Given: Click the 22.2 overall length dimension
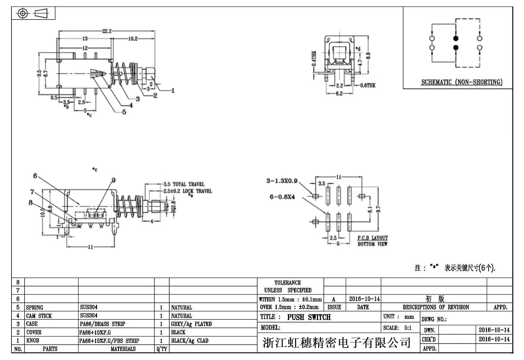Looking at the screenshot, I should [107, 31].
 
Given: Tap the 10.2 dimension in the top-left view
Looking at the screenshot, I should [133, 39].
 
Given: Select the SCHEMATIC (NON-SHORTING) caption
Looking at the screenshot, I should [461, 82].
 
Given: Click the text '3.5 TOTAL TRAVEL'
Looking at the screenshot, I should [184, 184].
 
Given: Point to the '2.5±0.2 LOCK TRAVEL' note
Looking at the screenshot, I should [188, 191].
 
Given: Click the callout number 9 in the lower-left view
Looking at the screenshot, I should [114, 180].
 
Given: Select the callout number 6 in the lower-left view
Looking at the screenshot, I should [35, 176].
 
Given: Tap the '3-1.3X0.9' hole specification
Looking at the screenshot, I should [282, 181].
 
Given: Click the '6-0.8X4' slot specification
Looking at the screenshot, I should [282, 197].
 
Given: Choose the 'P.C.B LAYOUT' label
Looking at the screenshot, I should [372, 238].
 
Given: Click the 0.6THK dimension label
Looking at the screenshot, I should [368, 85].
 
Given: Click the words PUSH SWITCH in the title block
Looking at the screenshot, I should [309, 317].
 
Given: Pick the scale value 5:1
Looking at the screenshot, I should [408, 328].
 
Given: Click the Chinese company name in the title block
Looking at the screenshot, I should [337, 342].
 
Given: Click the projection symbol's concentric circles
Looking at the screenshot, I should [23, 13].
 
